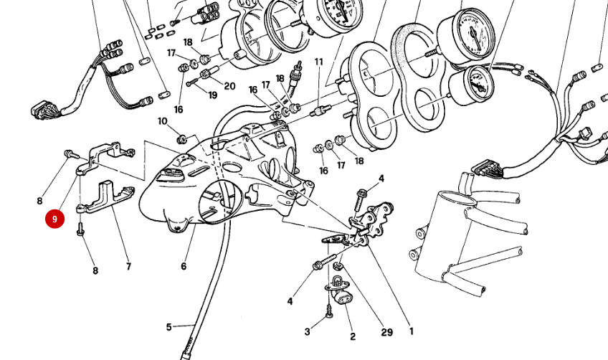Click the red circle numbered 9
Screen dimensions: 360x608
(x=54, y=219)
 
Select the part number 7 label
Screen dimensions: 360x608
(x=128, y=267)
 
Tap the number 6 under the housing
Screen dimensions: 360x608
(x=184, y=267)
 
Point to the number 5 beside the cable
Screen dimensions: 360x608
(x=169, y=328)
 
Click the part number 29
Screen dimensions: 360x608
(x=387, y=333)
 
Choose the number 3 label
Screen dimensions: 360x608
(x=308, y=331)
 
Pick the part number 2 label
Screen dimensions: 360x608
(x=352, y=336)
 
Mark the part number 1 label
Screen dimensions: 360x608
(x=411, y=331)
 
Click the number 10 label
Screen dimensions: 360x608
(x=162, y=121)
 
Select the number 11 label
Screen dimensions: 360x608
(x=318, y=62)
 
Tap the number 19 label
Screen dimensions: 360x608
(x=212, y=95)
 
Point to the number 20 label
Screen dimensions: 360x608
(x=229, y=86)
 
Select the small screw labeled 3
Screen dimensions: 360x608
(x=328, y=313)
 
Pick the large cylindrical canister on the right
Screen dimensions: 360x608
(x=452, y=237)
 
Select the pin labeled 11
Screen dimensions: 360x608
(x=320, y=111)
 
